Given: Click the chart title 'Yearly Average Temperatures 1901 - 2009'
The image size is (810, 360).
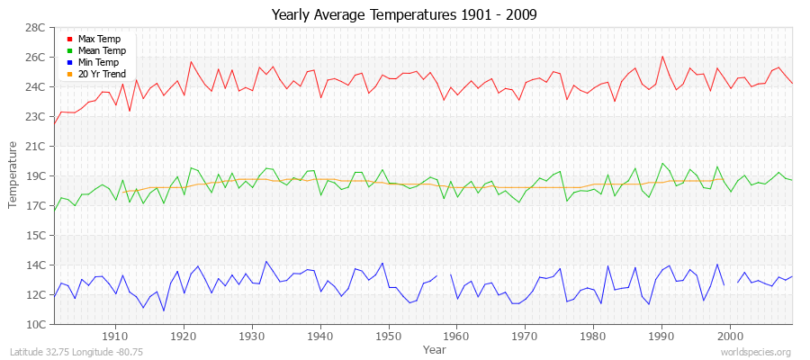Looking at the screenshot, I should (x=404, y=15).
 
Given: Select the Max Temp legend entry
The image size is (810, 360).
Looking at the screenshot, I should (x=99, y=40).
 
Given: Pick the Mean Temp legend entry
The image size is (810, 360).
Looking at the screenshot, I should (x=102, y=51).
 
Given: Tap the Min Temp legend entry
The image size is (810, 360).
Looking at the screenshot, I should (x=98, y=63).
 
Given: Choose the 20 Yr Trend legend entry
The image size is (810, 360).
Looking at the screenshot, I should (x=102, y=75).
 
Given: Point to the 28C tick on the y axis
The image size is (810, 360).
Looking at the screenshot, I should (x=34, y=28).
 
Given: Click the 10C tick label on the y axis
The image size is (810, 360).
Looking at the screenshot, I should (x=34, y=324).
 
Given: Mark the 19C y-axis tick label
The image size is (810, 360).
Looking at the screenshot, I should (x=34, y=175).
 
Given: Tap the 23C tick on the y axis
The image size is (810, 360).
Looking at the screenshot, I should (x=34, y=117).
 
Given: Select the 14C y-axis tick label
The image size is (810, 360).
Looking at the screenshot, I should (x=34, y=265).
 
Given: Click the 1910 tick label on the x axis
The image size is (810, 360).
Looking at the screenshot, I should (x=115, y=336).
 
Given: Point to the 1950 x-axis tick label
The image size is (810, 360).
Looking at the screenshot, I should (x=388, y=336).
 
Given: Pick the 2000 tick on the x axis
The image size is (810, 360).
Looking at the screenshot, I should (x=729, y=336).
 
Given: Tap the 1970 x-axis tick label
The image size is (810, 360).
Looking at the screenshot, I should (x=525, y=336).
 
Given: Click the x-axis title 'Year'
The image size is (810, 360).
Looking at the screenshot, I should (x=434, y=348).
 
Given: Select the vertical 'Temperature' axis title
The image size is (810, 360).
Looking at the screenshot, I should (x=13, y=175).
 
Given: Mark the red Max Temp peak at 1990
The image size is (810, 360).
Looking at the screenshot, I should (x=662, y=57).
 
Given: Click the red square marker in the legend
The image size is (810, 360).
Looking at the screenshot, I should (x=70, y=40).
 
